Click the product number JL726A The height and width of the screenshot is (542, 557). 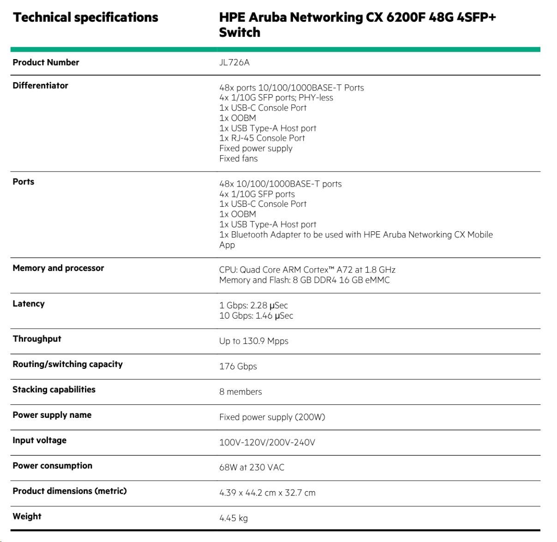click(x=234, y=62)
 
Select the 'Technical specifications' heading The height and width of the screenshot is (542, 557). click(x=85, y=18)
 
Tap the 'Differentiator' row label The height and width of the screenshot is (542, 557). click(x=40, y=85)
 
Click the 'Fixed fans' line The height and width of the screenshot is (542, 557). click(x=238, y=158)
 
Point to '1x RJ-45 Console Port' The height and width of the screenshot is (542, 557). click(x=262, y=138)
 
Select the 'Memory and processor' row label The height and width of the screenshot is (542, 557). click(x=58, y=268)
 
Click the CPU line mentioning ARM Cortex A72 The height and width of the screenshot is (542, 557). click(x=307, y=270)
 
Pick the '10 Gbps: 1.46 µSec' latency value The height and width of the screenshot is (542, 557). click(x=256, y=316)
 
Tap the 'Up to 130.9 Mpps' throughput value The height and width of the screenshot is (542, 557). click(x=253, y=341)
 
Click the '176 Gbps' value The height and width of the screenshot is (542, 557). click(x=238, y=367)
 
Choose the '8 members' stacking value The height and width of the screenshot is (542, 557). click(x=240, y=392)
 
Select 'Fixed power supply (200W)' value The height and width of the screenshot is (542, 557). click(x=272, y=417)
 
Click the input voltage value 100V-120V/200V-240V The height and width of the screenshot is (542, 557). click(x=267, y=443)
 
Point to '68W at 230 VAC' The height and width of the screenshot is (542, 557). click(x=252, y=468)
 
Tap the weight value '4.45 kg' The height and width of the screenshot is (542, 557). click(x=233, y=518)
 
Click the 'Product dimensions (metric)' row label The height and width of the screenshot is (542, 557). click(x=69, y=491)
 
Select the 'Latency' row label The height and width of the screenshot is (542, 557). click(x=29, y=304)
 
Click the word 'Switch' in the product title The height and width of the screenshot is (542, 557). click(x=240, y=32)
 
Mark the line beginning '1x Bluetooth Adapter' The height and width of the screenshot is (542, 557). click(x=355, y=235)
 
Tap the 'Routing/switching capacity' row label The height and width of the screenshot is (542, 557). click(x=67, y=364)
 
